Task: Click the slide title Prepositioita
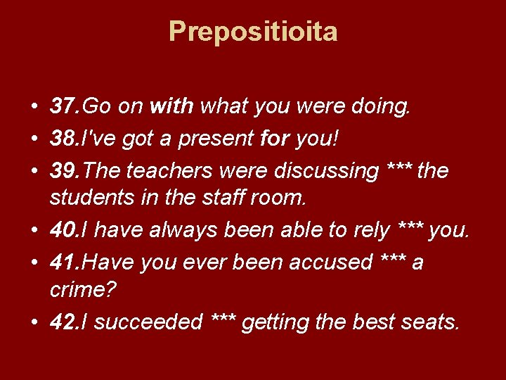click(253, 32)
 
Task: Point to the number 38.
click(65, 139)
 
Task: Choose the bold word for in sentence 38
click(275, 139)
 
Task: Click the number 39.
click(65, 170)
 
